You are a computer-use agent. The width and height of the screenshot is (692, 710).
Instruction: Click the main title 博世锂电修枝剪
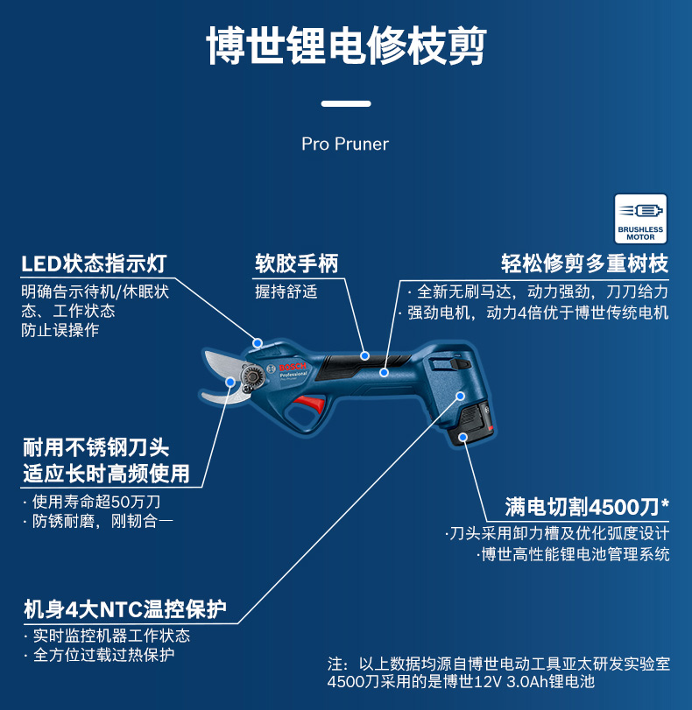[x=346, y=46]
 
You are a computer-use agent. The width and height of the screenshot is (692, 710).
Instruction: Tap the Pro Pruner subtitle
[x=345, y=144]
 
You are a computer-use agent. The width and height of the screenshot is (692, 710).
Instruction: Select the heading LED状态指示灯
[x=94, y=264]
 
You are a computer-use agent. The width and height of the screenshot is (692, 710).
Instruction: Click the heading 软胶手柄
[x=296, y=264]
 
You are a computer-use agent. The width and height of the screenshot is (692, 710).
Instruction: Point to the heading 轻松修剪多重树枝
[x=584, y=264]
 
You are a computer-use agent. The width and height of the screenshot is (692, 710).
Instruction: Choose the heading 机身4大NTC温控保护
[x=124, y=608]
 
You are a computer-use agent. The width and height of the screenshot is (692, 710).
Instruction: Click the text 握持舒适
[x=286, y=292]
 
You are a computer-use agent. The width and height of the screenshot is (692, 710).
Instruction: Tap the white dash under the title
[x=345, y=103]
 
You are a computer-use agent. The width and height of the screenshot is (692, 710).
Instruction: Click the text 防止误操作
[x=60, y=331]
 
